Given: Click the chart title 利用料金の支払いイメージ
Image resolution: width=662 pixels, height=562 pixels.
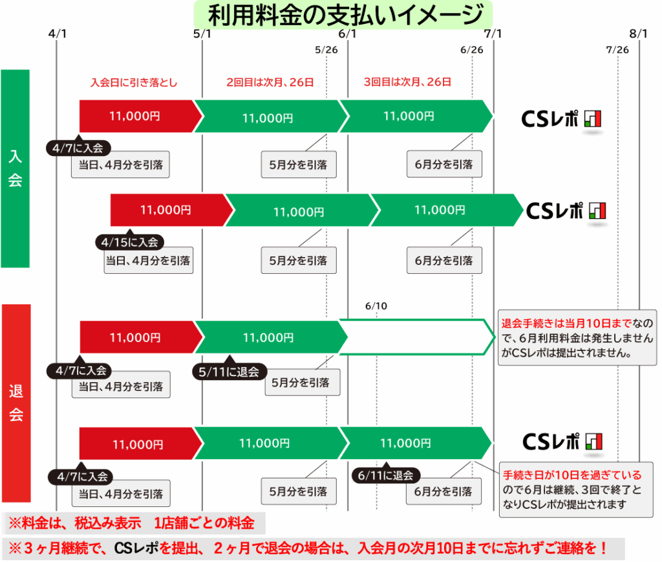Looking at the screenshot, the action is point(343,14).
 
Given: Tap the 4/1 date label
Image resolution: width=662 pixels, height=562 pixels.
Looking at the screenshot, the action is point(57,34).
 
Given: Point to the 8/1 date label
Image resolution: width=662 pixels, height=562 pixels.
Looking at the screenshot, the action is point(638,34).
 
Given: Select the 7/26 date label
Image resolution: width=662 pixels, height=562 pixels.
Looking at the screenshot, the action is point(617,50).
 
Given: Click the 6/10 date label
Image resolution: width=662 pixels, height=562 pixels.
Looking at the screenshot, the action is point(376,306).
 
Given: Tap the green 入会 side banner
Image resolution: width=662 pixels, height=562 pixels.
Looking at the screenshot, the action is point(16,168).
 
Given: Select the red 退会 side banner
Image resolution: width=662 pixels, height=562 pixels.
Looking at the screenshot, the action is point(16,403).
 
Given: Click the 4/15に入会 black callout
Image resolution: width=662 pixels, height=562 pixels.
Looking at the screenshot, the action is point(129,242).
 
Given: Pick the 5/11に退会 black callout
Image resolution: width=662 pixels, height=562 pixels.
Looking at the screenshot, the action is point(229,371).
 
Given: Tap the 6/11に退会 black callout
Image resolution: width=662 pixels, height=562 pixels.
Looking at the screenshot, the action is point(385,475).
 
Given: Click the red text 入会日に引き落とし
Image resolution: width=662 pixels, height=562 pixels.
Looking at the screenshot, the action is point(134,82).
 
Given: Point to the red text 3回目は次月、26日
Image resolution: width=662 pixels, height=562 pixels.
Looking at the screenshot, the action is point(407,82).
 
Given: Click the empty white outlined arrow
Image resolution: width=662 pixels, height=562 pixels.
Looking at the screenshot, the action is point(417,337).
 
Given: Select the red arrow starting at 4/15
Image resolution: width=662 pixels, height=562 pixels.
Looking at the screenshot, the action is point(172,210).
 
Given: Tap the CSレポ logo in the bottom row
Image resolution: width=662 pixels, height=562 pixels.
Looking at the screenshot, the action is point(562,442).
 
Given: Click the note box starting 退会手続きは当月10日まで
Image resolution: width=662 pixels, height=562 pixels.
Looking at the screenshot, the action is point(577,337).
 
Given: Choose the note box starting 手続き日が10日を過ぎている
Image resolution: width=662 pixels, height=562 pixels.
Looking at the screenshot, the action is point(576,489).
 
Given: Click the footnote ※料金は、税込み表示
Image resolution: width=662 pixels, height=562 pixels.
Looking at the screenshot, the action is point(132,524).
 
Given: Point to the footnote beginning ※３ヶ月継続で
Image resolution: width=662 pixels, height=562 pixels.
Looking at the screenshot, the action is point(308,548).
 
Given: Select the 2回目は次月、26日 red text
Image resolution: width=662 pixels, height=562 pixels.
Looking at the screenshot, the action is point(270,82).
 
